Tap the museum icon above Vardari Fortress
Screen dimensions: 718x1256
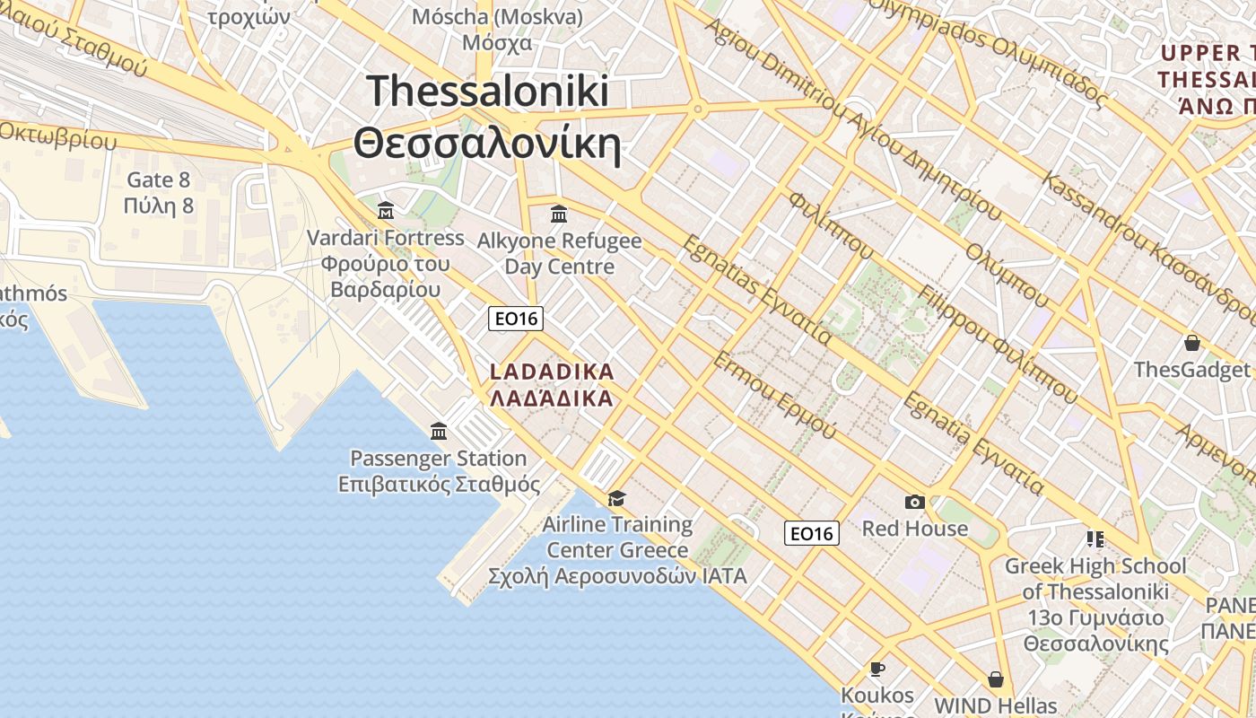coord(386,211)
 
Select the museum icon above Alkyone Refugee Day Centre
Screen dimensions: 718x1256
coord(559,214)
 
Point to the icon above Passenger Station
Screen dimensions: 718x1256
coord(439,432)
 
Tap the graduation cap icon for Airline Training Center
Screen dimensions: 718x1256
coord(616,498)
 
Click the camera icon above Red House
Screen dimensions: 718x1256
coord(915,502)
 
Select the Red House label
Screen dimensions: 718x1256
coord(915,528)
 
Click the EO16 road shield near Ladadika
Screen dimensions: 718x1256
coord(516,318)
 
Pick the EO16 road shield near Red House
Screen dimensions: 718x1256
coord(811,533)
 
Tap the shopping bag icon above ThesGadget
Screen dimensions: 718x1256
coord(1192,343)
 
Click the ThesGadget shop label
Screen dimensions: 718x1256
coord(1191,370)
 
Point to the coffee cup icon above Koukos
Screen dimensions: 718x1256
coord(877,669)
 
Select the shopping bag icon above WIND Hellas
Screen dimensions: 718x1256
coord(995,679)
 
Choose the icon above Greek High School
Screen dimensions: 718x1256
coord(1095,538)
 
